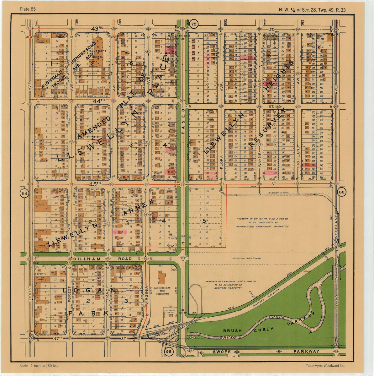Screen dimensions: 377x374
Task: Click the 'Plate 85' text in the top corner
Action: pyautogui.click(x=27, y=9)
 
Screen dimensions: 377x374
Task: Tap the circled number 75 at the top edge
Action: pyautogui.click(x=194, y=24)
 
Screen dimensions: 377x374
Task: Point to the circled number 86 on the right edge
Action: pyautogui.click(x=342, y=192)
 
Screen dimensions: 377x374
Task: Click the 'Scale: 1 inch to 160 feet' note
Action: pyautogui.click(x=39, y=366)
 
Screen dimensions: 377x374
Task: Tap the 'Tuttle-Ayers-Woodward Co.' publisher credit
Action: pyautogui.click(x=325, y=366)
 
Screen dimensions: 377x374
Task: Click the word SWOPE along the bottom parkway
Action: pyautogui.click(x=222, y=352)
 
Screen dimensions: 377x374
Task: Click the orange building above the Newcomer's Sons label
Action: pyautogui.click(x=162, y=278)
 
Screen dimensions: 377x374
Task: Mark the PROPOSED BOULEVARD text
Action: pyautogui.click(x=247, y=258)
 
